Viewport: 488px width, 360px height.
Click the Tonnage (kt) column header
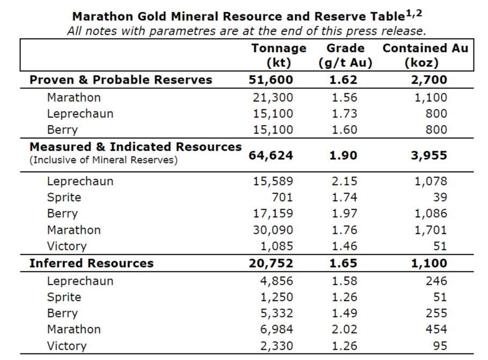click(x=279, y=55)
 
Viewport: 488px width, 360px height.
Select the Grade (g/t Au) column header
click(x=345, y=55)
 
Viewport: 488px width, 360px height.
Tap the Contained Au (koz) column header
click(x=425, y=55)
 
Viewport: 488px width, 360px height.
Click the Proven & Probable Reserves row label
click(x=121, y=80)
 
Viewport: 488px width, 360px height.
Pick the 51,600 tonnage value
click(x=271, y=80)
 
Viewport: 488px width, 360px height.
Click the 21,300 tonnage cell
click(x=273, y=97)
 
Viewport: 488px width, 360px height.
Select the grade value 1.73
click(x=344, y=114)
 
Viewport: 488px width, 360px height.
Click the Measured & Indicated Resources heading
click(x=135, y=146)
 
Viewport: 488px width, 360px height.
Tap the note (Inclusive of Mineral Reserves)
click(x=104, y=160)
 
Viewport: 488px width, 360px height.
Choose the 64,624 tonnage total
click(x=271, y=156)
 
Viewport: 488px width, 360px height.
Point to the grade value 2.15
click(x=344, y=181)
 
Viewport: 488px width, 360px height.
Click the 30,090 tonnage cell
click(x=273, y=230)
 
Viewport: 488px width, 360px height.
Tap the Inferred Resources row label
click(x=91, y=263)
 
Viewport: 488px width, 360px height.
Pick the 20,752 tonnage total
click(x=271, y=263)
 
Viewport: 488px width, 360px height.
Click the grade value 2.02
click(x=344, y=329)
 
